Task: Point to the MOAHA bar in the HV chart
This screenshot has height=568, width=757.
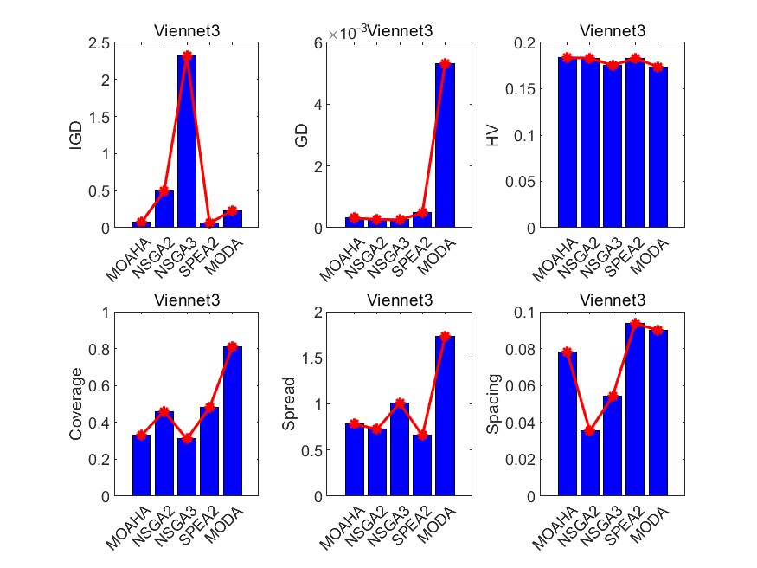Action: tap(567, 143)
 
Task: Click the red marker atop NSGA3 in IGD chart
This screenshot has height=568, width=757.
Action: tap(187, 55)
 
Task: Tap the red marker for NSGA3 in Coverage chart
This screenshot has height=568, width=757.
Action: tap(187, 439)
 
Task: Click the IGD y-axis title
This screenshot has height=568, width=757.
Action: tap(76, 135)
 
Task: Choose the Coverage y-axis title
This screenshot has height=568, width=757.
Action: tap(76, 403)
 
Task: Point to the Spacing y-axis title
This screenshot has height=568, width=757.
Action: tap(493, 403)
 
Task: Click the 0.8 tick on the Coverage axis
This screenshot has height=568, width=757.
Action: tap(108, 350)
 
